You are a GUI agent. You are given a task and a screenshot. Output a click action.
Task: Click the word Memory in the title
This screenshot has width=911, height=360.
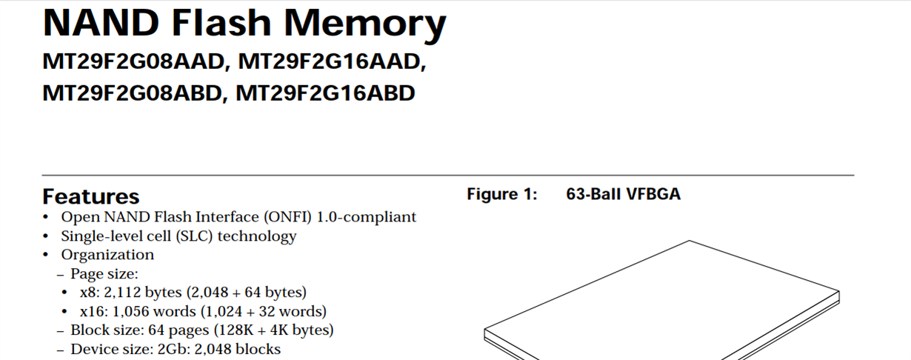[x=364, y=24]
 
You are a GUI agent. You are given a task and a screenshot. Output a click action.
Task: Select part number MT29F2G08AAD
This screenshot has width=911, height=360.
[x=133, y=62]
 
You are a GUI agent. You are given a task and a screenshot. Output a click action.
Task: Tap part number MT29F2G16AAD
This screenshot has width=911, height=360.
[x=331, y=62]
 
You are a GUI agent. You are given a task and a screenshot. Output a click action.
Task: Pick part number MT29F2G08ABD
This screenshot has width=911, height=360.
[x=133, y=94]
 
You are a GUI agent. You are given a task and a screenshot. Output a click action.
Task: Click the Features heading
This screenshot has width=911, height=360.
[x=91, y=196]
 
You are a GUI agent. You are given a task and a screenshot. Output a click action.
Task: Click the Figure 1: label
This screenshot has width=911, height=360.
[x=501, y=194]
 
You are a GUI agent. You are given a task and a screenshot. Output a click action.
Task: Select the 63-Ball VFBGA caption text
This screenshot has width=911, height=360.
[x=623, y=194]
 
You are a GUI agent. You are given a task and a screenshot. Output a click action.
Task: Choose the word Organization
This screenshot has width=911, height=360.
[x=107, y=255]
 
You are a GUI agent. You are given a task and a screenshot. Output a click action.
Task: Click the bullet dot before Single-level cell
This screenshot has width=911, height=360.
[x=47, y=236]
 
